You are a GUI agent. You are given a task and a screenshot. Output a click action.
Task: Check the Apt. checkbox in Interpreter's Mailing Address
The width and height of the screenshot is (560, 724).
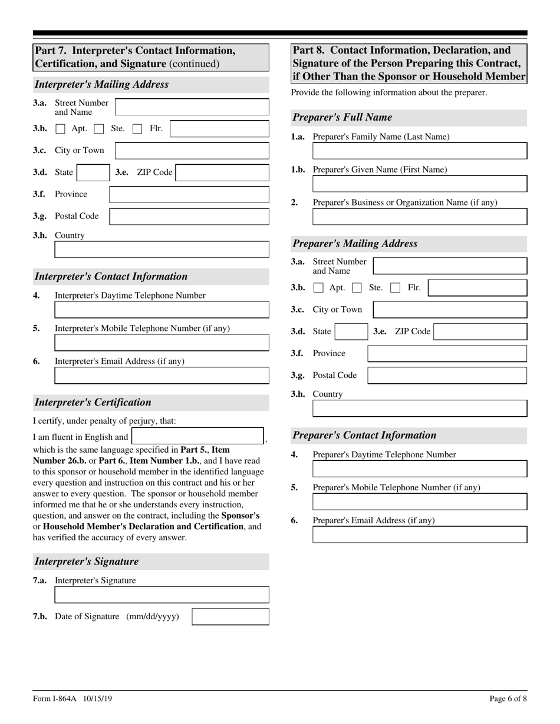pos(60,129)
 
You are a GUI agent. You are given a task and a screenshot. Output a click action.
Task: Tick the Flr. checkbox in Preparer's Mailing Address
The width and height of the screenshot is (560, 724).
pos(396,288)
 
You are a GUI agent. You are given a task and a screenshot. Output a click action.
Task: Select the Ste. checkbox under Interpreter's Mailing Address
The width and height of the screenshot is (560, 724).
pos(99,129)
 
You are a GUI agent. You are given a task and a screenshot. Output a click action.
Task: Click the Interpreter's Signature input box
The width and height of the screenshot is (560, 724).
pos(162,595)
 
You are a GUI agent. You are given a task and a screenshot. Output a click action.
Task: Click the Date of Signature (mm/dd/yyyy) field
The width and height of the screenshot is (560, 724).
pos(230,617)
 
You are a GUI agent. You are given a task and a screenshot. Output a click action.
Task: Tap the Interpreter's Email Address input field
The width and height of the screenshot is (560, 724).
pos(162,376)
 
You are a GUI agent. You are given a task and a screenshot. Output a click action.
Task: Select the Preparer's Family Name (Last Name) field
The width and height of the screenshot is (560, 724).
pos(420,151)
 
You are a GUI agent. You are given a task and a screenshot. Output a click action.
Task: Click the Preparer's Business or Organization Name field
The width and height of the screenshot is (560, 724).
pos(420,217)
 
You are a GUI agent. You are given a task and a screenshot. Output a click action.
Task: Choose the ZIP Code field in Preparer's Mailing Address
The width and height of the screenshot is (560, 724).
pos(480,331)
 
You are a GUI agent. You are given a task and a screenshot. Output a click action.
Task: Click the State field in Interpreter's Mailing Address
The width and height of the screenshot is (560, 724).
pos(92,172)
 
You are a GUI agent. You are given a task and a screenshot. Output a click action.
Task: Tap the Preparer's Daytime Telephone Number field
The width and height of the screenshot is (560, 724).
pos(420,469)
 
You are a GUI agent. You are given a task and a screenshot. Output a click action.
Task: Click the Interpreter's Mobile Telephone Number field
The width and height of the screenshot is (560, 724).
pos(162,343)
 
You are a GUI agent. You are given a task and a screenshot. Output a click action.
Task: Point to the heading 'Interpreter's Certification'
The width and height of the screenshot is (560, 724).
pos(93,403)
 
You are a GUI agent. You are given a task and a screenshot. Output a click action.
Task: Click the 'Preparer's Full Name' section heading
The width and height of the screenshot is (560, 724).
pos(342,118)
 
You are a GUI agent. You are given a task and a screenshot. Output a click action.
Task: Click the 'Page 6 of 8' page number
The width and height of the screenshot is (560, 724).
pos(508,699)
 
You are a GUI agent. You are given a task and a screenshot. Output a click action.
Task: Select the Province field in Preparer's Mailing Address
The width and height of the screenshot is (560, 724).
pos(447,354)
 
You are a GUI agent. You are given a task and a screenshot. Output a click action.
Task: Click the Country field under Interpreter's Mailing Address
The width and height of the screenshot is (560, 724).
pos(162,250)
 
